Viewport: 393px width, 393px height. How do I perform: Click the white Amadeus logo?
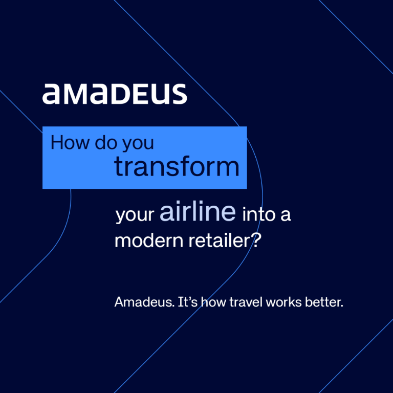(115, 94)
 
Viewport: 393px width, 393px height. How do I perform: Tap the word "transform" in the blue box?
(177, 167)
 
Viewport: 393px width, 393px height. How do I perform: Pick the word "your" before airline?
(135, 215)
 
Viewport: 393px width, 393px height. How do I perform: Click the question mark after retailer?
(258, 241)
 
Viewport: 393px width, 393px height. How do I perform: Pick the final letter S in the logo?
(178, 94)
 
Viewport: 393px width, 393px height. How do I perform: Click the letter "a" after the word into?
(286, 215)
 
